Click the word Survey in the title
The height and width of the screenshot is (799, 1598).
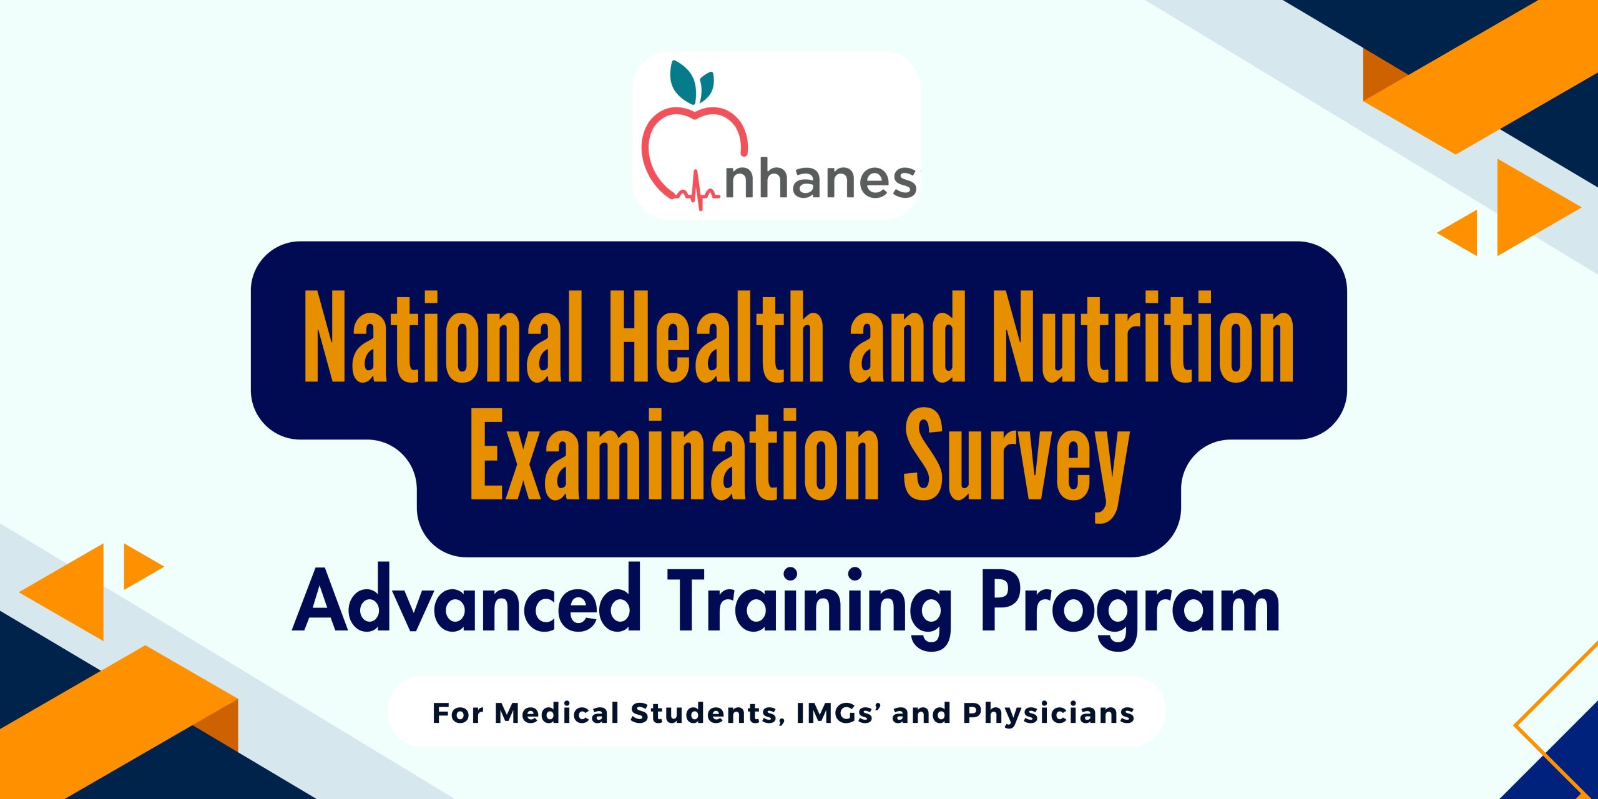(x=1017, y=465)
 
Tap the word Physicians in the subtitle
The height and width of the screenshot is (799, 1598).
(x=1048, y=713)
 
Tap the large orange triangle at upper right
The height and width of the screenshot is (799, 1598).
(x=1529, y=207)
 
